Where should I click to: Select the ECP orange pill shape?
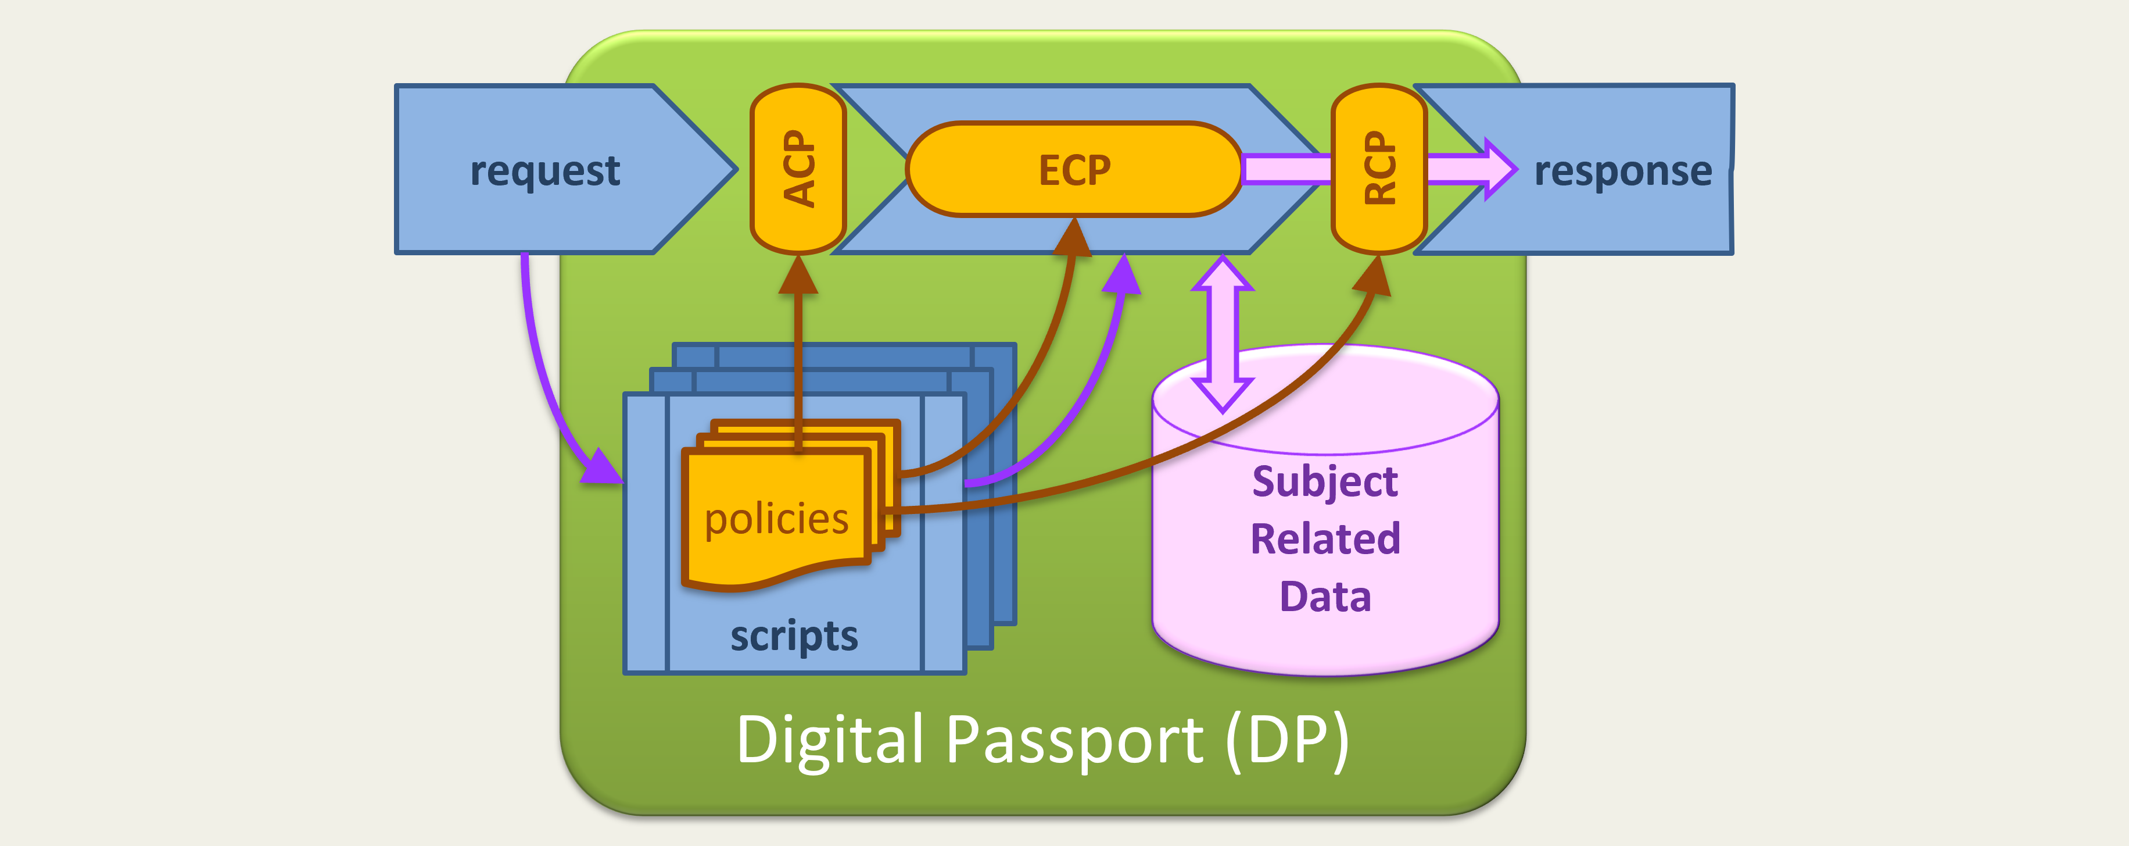[x=1074, y=170]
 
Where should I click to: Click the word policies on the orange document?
[x=776, y=519]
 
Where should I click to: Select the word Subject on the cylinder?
[x=1325, y=481]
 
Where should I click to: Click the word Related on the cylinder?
[x=1325, y=539]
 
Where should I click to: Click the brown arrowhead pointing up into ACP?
[x=798, y=276]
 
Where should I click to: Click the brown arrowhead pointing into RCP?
[x=1373, y=276]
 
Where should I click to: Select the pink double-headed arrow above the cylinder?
[x=1223, y=334]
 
